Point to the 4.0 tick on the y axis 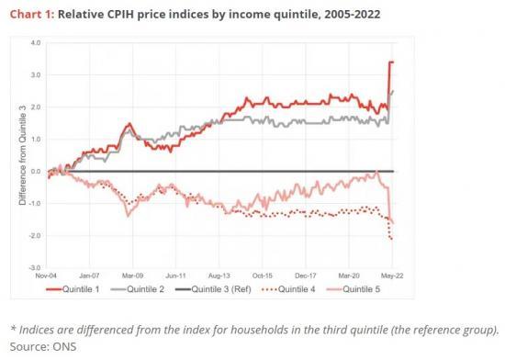[36, 43]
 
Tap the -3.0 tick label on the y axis [35, 267]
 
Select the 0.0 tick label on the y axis [36, 171]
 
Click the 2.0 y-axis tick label [36, 107]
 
